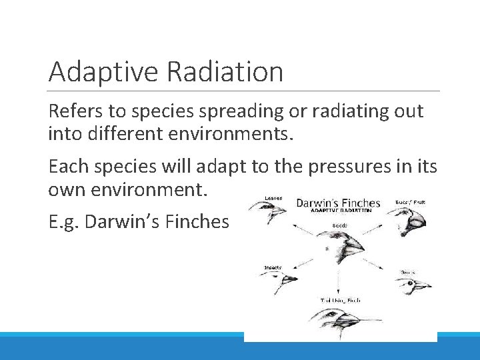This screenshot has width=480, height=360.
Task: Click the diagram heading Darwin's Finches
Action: (338, 202)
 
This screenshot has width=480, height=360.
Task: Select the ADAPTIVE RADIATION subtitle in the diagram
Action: (338, 210)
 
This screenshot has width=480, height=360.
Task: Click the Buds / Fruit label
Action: (410, 202)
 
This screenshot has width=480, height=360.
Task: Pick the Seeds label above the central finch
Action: (339, 225)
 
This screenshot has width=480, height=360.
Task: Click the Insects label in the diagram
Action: (273, 268)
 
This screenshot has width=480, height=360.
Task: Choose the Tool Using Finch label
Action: (340, 301)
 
